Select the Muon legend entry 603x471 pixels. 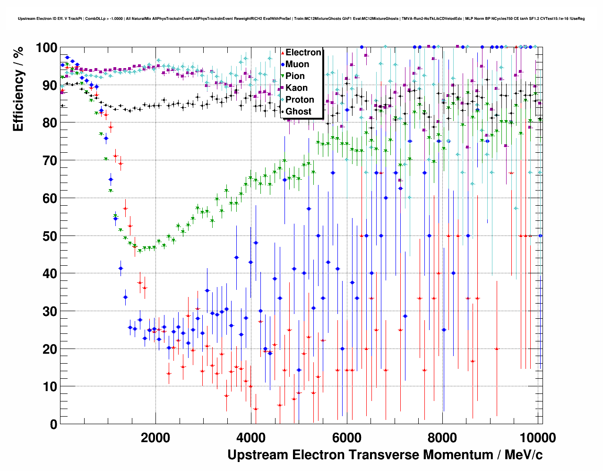tap(297, 64)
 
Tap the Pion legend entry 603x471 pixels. tap(295, 76)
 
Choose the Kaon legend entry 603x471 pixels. tap(296, 88)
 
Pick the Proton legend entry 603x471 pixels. tap(300, 100)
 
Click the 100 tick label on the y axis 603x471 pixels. tap(46, 48)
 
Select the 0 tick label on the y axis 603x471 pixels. tap(53, 424)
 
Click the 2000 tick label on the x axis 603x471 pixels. tap(155, 437)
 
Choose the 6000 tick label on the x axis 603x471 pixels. tap(346, 437)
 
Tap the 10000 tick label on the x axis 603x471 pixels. tap(537, 437)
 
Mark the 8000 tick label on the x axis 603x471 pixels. tap(442, 437)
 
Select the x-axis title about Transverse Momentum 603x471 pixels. tap(385, 455)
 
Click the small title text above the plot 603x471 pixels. tap(301, 18)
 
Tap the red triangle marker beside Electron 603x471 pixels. tap(283, 52)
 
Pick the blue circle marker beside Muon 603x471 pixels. tap(283, 64)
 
